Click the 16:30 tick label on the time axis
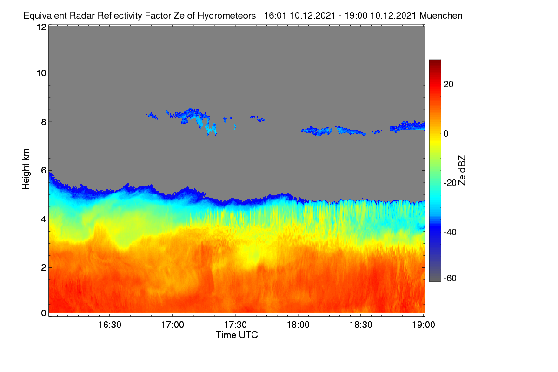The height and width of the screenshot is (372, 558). (110, 325)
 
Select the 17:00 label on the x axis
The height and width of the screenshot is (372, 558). (173, 325)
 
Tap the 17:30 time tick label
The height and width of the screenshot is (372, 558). (235, 325)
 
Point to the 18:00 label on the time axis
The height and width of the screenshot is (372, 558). (298, 325)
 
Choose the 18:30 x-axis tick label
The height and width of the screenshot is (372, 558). (361, 325)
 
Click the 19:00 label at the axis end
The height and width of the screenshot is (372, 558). (424, 325)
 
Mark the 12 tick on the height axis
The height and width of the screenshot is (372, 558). (41, 27)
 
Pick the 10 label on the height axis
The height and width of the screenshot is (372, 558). (41, 73)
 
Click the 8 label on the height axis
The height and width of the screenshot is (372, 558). (44, 122)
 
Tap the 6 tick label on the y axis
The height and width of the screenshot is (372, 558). (44, 171)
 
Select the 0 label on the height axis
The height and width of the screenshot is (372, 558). (44, 313)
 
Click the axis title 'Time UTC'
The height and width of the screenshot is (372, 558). (237, 335)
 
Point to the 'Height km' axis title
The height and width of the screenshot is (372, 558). (26, 169)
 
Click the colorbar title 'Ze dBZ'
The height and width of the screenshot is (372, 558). (462, 171)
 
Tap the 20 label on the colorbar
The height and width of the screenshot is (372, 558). (448, 85)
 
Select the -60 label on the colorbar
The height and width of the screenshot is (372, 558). (450, 279)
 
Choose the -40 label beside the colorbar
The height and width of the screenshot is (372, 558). (450, 232)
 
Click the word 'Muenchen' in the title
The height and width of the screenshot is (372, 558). (441, 15)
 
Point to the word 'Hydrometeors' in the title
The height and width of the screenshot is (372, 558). (226, 16)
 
